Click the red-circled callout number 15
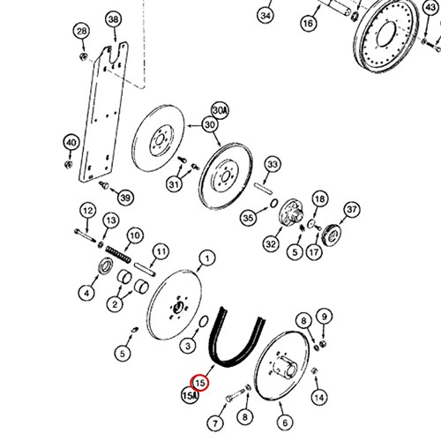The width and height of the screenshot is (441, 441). (199, 383)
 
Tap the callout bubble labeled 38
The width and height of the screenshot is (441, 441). (114, 19)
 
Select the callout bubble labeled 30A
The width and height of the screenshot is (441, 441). (220, 111)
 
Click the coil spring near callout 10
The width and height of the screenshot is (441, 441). (118, 255)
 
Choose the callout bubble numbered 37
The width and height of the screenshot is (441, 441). (352, 210)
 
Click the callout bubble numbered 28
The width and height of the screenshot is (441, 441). (82, 31)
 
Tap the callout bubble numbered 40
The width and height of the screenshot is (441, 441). (71, 143)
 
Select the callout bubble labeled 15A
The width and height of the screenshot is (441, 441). (191, 395)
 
